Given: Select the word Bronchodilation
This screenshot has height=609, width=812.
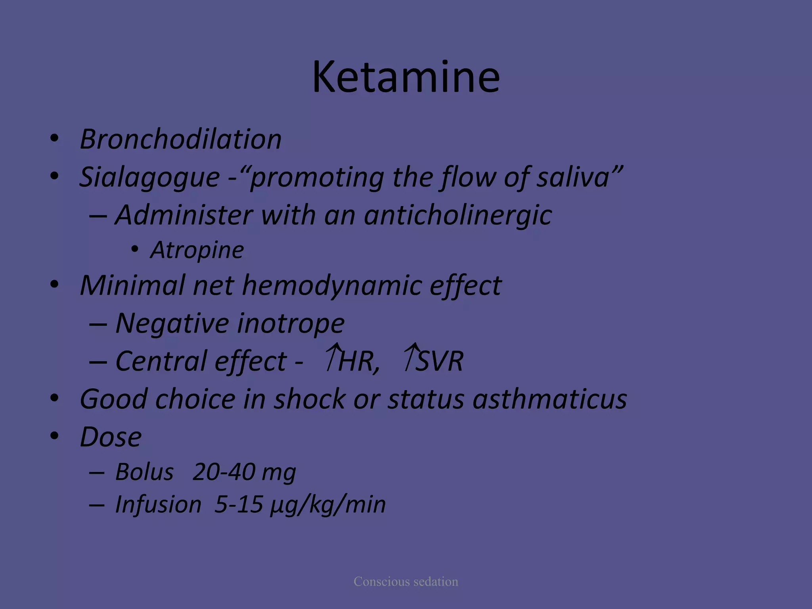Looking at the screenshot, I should coord(181,139).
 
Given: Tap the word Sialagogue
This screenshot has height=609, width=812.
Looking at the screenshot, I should coord(150,177).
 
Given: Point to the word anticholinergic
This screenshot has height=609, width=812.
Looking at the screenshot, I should coord(458,215).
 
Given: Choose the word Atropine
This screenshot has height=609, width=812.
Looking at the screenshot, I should coord(197,250).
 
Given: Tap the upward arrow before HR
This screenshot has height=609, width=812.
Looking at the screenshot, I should coord(333,357).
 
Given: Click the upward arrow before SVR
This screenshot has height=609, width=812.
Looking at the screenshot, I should coord(411,357).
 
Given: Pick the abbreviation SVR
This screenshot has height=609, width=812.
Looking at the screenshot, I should coord(440,361).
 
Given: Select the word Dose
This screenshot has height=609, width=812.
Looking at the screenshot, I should coord(111,437).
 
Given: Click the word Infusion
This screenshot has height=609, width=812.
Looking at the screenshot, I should coord(158,505).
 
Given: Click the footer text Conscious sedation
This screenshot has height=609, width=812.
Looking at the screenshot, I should coord(406,582).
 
